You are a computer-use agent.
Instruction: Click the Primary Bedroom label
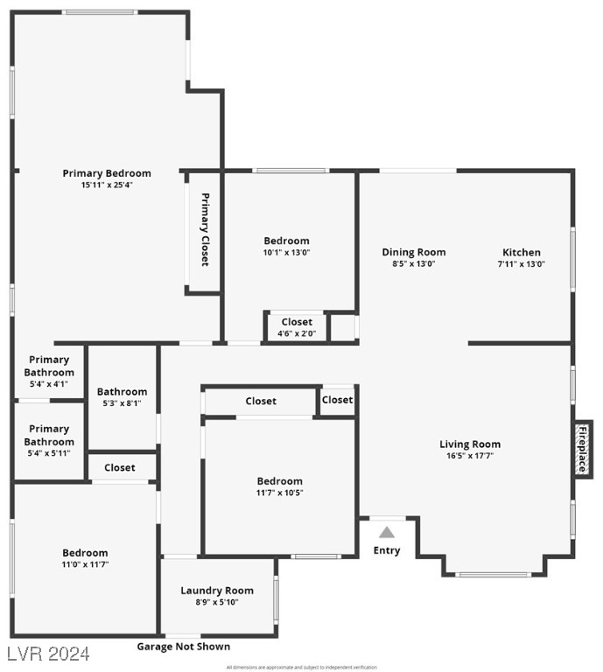107,173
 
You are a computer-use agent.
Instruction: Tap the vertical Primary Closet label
205,229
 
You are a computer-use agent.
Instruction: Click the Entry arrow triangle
387,531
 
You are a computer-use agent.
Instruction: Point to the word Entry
387,550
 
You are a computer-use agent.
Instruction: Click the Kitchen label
521,253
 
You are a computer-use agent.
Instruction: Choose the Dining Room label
414,253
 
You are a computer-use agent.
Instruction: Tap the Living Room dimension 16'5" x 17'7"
470,456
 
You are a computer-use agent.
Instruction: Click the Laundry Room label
217,591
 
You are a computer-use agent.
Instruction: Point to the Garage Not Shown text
184,647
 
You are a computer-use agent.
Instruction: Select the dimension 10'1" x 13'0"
287,252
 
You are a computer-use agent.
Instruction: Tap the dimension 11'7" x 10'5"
280,493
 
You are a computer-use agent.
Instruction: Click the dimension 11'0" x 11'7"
85,564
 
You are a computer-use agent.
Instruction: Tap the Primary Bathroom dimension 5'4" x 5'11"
49,453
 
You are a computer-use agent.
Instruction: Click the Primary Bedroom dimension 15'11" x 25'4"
107,185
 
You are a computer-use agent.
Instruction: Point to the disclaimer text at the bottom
301,668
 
